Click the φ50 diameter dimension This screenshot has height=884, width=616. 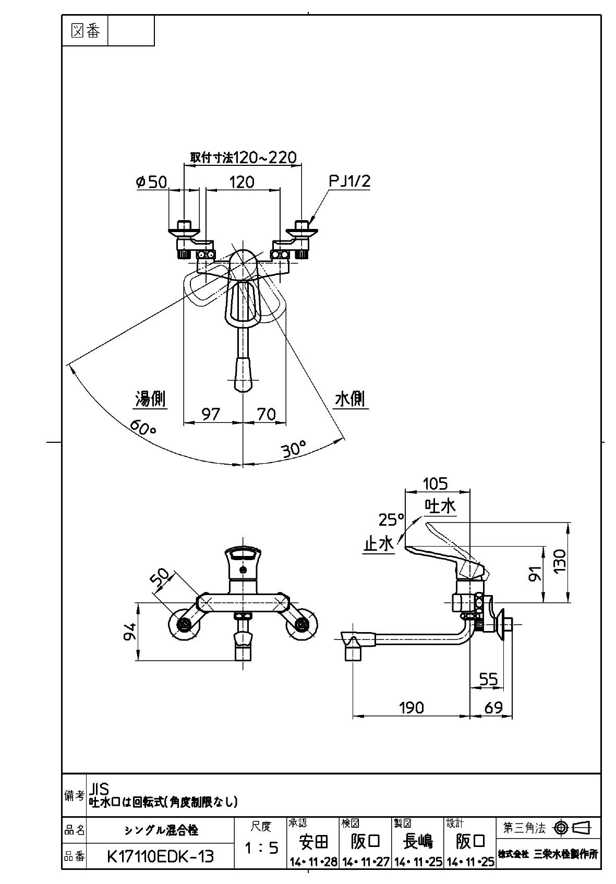(x=151, y=182)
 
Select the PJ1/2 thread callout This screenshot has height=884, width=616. (x=349, y=181)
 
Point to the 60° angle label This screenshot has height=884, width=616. (x=143, y=426)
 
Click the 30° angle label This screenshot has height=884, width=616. (x=293, y=449)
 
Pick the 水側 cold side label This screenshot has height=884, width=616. (x=350, y=399)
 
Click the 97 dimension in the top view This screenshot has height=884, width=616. (x=211, y=414)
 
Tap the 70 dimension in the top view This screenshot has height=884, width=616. (x=266, y=414)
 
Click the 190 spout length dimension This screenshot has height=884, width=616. (x=412, y=707)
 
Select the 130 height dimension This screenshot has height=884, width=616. (x=560, y=561)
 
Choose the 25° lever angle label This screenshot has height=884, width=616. (x=391, y=519)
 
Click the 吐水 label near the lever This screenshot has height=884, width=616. (x=440, y=506)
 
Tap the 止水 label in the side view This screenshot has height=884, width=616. (x=379, y=544)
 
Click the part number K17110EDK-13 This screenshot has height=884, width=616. (x=160, y=856)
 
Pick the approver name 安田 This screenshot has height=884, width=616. (x=313, y=841)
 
